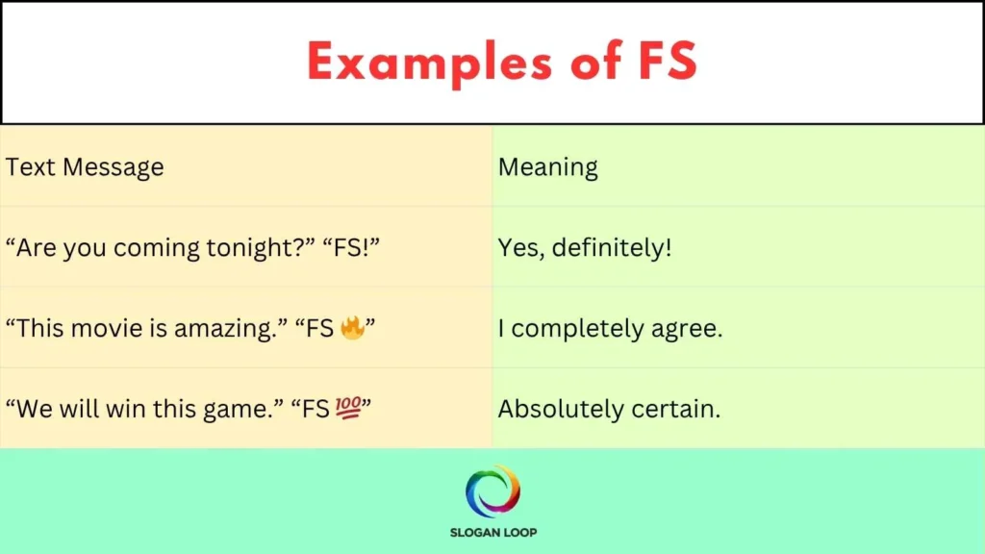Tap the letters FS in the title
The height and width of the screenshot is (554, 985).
[665, 63]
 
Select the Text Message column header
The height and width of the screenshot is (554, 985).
[85, 167]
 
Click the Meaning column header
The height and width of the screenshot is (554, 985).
[547, 167]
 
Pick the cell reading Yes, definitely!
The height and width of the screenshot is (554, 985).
[585, 248]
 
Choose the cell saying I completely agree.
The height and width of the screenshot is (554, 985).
[610, 329]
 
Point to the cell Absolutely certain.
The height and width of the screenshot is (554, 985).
[609, 410]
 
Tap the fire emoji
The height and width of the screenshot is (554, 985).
[351, 328]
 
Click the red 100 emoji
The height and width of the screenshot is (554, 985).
[349, 409]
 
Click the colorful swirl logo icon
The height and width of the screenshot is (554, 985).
[492, 491]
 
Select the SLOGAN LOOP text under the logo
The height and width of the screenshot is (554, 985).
[492, 532]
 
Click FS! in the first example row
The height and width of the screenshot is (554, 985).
[357, 248]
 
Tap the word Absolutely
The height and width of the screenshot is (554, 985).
[561, 410]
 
